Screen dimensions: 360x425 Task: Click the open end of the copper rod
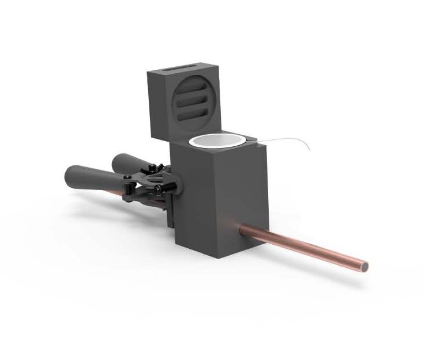tap(363, 267)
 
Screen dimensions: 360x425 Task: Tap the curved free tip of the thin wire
tap(309, 151)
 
